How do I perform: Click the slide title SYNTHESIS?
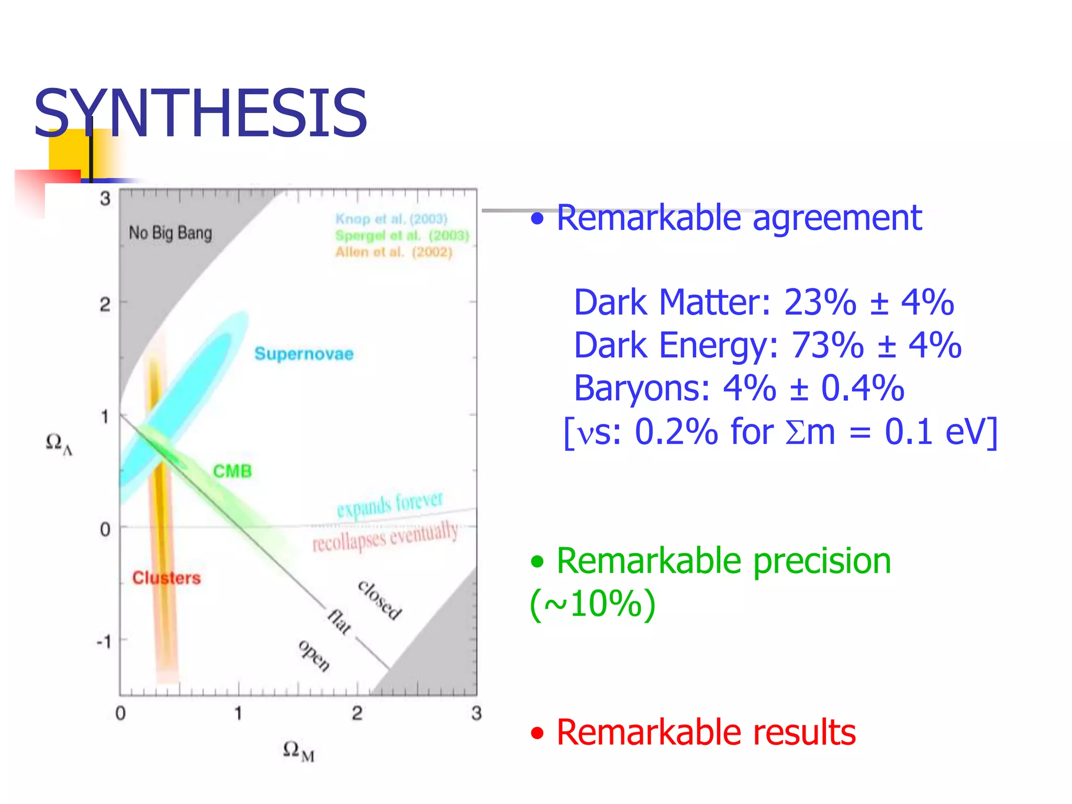tap(200, 114)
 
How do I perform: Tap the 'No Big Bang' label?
tap(171, 233)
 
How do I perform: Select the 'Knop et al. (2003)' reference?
tap(392, 219)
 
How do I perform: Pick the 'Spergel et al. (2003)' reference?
tap(402, 236)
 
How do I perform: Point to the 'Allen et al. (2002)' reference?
tap(394, 252)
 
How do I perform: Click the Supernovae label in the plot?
tap(304, 354)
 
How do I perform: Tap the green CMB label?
tap(232, 471)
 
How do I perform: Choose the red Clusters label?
tap(166, 578)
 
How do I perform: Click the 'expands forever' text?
tap(390, 504)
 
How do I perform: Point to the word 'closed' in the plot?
tap(380, 600)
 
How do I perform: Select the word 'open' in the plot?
tap(315, 655)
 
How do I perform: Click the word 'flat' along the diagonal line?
tap(339, 622)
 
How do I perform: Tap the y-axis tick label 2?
tap(105, 304)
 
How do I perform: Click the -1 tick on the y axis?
tap(104, 641)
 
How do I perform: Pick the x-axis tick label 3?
tap(476, 713)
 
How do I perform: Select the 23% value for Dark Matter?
tap(820, 303)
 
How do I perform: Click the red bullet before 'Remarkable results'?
tap(537, 733)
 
